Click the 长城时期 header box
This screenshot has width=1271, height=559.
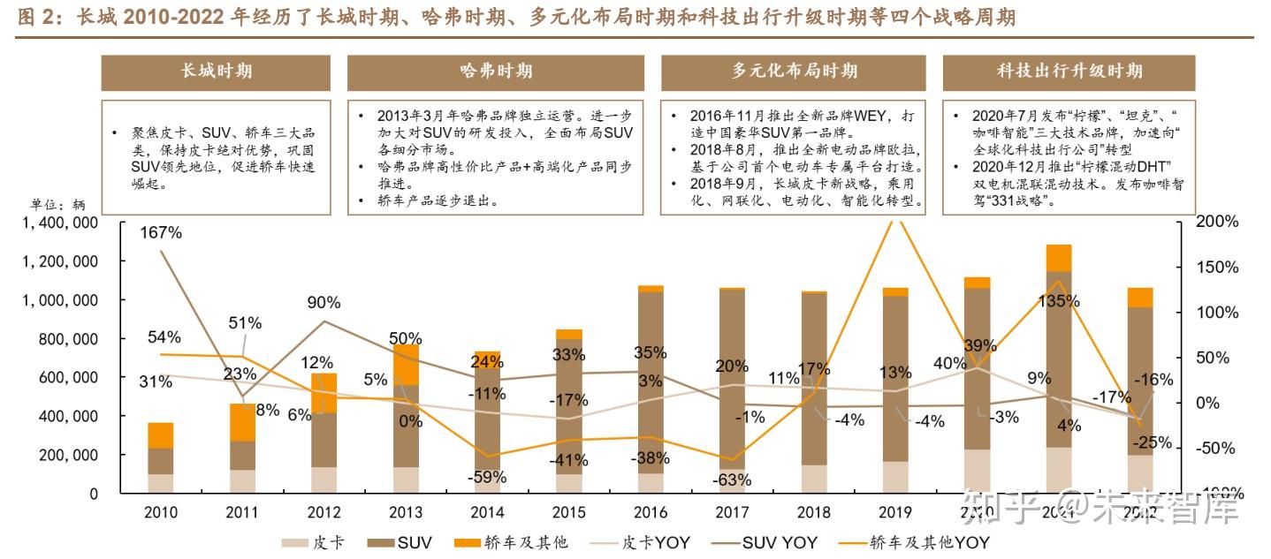tap(216, 72)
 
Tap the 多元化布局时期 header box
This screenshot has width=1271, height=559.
tap(793, 72)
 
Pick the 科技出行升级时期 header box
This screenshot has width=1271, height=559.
tap(1069, 72)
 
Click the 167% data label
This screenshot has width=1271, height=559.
tap(161, 233)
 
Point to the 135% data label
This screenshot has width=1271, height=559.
tap(1058, 301)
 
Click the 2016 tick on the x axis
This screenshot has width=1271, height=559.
tap(651, 513)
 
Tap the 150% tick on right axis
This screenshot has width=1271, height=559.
tap(1218, 267)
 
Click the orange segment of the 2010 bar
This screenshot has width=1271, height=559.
tap(160, 435)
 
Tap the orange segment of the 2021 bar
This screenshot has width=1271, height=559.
tap(1058, 257)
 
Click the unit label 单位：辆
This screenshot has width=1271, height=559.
tap(57, 205)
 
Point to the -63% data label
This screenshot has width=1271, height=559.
tap(733, 480)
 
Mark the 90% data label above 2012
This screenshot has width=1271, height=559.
tap(323, 302)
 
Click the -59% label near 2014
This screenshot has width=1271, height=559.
tap(487, 477)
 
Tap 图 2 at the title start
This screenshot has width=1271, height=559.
tap(34, 17)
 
